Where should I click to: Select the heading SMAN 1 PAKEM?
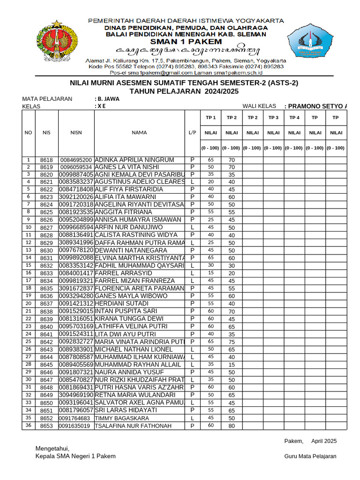(x=186, y=42)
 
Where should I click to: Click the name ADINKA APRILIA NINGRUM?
(x=134, y=160)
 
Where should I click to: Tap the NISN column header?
(x=76, y=133)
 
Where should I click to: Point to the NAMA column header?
(x=139, y=133)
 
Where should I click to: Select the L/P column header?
(x=192, y=133)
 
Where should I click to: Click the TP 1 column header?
(x=210, y=118)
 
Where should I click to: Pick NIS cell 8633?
(x=46, y=273)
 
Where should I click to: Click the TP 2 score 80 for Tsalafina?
(x=232, y=426)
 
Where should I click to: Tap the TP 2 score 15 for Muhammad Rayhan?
(x=232, y=365)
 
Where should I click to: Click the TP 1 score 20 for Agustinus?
(x=210, y=182)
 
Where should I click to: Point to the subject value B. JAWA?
(x=107, y=99)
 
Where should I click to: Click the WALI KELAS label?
(x=259, y=106)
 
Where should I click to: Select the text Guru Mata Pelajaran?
(x=310, y=456)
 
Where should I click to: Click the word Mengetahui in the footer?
(x=52, y=449)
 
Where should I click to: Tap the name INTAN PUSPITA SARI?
(x=126, y=311)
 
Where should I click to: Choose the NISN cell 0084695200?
(x=77, y=160)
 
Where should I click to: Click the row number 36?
(x=28, y=425)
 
